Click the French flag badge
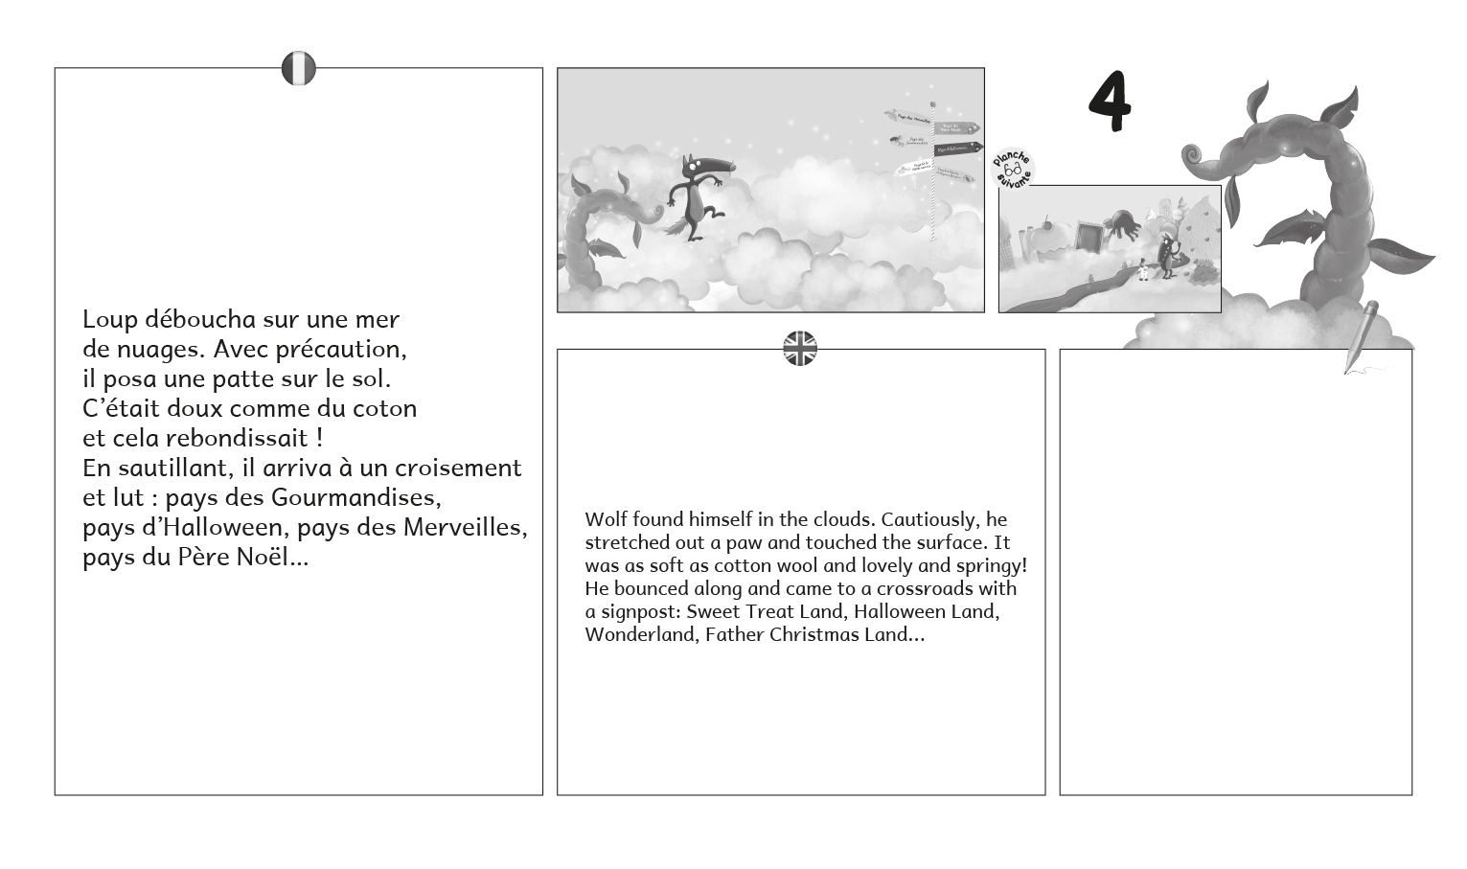coord(298,69)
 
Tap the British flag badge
coord(800,349)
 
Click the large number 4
coord(1110,101)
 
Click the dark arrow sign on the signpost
coord(958,149)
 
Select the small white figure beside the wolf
coord(1142,270)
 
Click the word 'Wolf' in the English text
coord(606,519)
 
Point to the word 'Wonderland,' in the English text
coord(641,634)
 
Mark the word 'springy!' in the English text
coord(990,565)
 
